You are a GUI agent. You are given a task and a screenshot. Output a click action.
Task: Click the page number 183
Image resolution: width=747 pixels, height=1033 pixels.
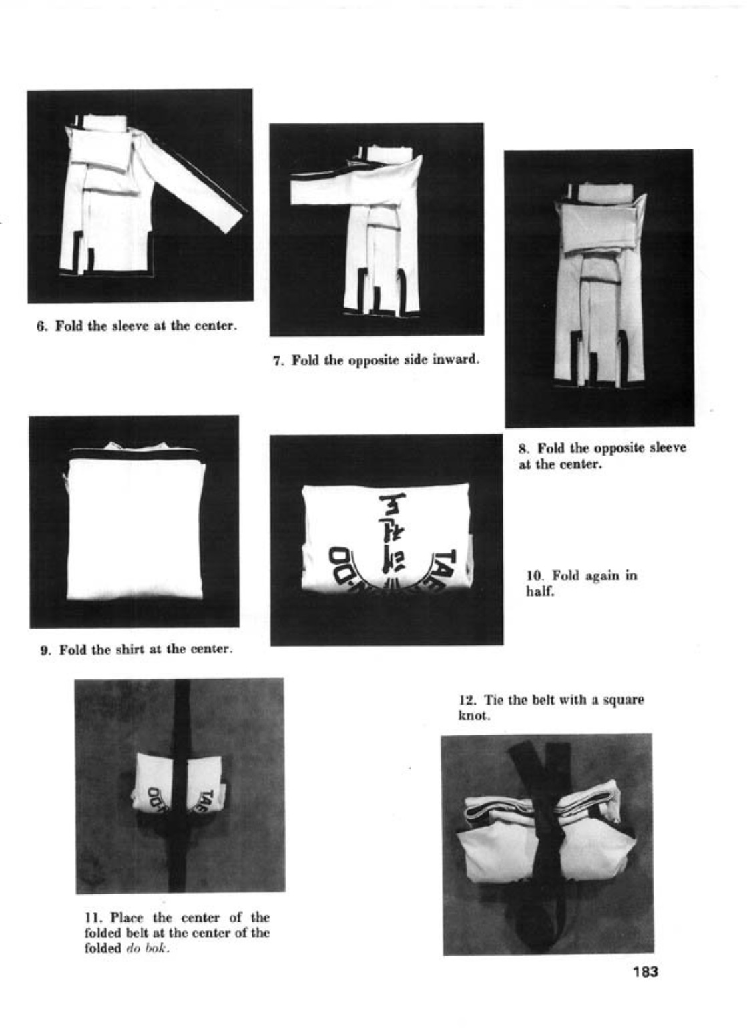pos(646,972)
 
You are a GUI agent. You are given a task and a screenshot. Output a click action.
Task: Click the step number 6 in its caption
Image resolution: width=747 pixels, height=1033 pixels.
pos(40,326)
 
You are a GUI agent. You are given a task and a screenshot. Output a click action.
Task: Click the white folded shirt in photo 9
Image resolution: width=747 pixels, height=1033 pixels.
pos(136,526)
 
